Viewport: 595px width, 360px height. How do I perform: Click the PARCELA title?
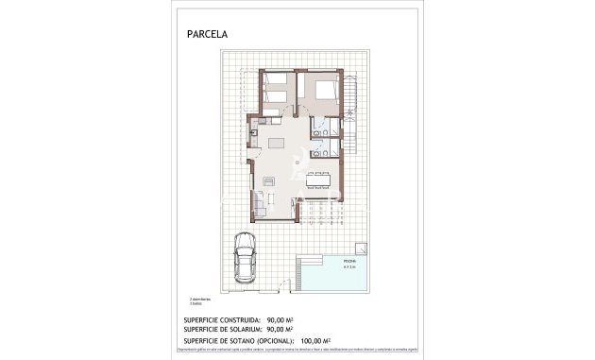click(x=208, y=34)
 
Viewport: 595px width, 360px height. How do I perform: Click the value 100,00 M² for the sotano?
click(x=314, y=340)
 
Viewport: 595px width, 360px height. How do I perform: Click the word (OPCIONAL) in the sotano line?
click(x=273, y=340)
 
